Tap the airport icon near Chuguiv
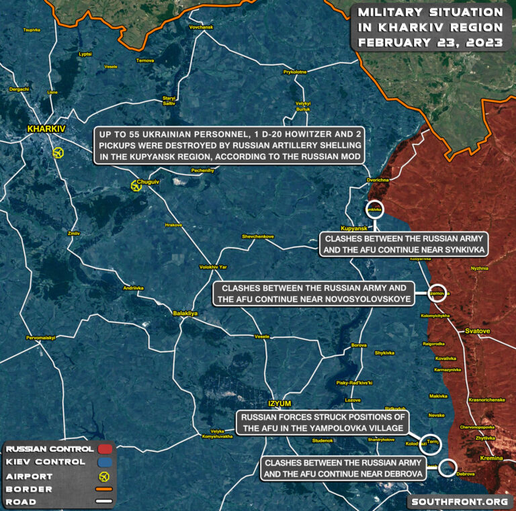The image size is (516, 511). (x=137, y=186)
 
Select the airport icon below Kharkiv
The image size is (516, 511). (x=58, y=152)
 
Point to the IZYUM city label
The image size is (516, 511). (x=279, y=403)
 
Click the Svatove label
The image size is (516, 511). (x=478, y=332)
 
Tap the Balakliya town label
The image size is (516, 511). (x=185, y=314)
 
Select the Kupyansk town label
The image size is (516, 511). (x=354, y=229)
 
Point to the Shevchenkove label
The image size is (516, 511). (x=258, y=236)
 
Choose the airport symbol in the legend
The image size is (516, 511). (x=104, y=476)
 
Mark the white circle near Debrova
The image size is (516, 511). (x=449, y=468)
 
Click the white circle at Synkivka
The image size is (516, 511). (x=374, y=210)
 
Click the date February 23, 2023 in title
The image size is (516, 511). (x=430, y=42)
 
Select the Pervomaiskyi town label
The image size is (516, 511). (x=40, y=337)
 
